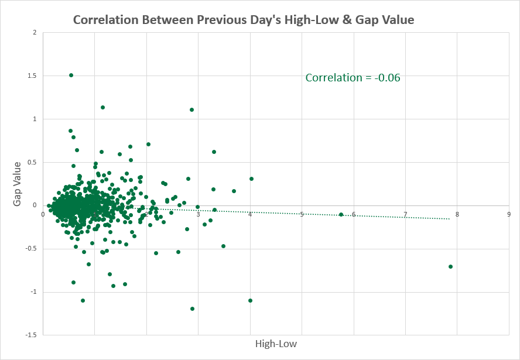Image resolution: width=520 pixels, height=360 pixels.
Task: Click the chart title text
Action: pos(244,20)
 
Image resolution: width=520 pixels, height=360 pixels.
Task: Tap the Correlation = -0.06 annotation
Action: pos(353,78)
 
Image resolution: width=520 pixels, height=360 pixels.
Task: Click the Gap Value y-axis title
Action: pos(17,184)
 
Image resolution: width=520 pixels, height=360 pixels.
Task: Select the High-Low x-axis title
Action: pos(276,344)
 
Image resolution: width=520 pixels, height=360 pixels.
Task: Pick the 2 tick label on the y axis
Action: pos(35,32)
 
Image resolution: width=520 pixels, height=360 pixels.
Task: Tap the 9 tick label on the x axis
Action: pos(509,214)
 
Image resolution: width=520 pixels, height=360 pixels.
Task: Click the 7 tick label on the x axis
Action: pos(405,214)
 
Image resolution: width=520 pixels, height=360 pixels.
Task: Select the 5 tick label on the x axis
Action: pos(302,214)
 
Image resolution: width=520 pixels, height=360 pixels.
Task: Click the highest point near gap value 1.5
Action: pos(71,76)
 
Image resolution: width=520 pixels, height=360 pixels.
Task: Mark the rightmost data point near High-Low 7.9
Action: pos(450,266)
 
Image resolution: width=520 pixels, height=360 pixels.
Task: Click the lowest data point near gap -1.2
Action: pos(192,308)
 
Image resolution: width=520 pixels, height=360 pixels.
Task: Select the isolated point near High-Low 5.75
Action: pos(341,214)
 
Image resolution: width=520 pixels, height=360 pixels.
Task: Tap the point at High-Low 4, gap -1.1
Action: pos(250,301)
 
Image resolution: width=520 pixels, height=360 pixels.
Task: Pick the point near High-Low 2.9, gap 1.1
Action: pos(191,109)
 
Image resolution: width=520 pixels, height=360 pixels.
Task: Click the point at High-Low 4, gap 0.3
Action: pos(251,179)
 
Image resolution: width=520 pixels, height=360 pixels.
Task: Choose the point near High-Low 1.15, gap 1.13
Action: pos(103,107)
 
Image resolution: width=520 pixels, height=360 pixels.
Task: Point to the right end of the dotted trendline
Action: pos(450,219)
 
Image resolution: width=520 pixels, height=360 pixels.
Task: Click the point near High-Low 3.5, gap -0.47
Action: pos(223,246)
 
